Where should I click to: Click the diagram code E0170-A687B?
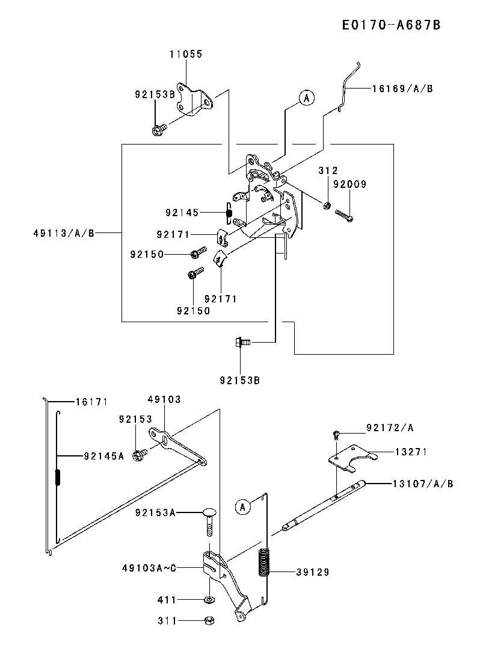pos(391,25)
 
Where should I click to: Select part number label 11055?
pos(185,54)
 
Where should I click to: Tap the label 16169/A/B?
pos(402,89)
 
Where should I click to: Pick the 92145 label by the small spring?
pos(182,212)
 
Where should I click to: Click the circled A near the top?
pos(306,98)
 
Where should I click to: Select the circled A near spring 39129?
pos(242,507)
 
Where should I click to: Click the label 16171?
pos(91,401)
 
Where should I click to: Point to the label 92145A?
pos(104,456)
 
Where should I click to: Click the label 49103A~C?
pos(149,567)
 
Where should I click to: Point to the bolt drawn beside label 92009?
pos(343,214)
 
